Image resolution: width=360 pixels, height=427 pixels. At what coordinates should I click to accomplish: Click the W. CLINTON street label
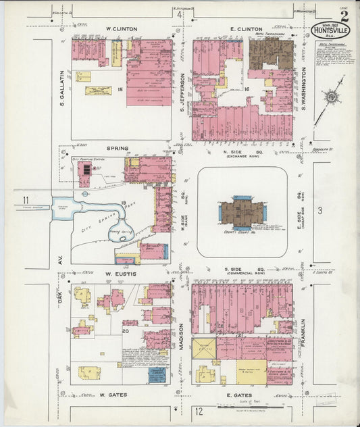coord(122,29)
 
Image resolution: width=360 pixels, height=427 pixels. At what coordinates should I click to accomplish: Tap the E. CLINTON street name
coord(240,29)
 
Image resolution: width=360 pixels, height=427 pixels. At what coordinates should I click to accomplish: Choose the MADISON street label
coord(182,334)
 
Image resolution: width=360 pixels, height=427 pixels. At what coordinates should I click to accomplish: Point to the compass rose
coord(331,97)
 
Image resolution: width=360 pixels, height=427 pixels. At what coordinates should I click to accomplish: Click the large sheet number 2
coord(344,16)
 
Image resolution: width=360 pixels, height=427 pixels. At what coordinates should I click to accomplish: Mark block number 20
coord(126,331)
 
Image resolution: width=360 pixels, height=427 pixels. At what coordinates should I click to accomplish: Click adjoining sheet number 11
coord(25,199)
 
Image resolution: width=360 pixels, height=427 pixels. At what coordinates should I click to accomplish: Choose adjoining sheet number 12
coord(199,410)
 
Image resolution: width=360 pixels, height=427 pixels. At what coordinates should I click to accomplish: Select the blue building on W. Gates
coord(157,374)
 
